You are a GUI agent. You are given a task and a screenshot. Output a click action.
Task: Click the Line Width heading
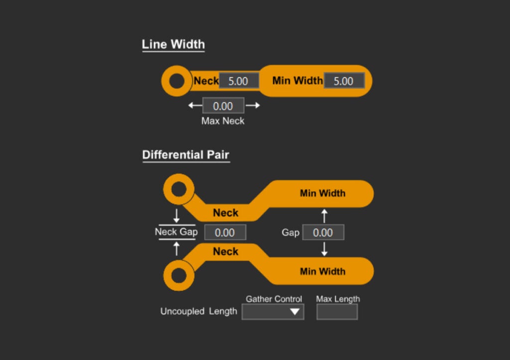[173, 44]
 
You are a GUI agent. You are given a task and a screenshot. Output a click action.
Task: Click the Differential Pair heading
[185, 155]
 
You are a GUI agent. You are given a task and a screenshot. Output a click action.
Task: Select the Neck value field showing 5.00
[239, 81]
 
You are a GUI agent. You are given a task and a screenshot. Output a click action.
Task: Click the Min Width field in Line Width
[344, 81]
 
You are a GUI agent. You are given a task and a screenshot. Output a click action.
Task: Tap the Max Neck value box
[223, 106]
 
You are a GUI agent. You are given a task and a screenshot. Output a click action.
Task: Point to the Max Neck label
[223, 121]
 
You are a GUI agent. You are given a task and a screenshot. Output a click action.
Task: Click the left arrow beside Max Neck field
[195, 106]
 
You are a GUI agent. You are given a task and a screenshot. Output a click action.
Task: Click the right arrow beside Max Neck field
[253, 106]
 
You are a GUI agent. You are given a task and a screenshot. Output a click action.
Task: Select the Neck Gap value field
[225, 233]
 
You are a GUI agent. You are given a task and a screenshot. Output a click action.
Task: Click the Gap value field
[323, 233]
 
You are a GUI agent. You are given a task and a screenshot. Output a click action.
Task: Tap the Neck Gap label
[176, 232]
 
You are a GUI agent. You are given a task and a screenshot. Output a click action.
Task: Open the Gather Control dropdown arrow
[295, 312]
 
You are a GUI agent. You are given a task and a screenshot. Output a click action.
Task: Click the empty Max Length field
[337, 312]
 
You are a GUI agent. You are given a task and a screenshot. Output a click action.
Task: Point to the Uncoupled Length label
[198, 311]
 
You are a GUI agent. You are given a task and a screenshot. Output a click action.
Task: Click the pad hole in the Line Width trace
[177, 81]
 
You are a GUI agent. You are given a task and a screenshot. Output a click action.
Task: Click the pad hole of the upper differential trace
[178, 189]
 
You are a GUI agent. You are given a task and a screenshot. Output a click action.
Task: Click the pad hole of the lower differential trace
[178, 275]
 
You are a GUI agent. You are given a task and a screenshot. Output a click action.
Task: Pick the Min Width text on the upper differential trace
[322, 193]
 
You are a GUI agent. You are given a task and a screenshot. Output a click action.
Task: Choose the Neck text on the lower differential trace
[226, 252]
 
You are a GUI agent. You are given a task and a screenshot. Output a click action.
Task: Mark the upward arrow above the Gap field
[324, 216]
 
